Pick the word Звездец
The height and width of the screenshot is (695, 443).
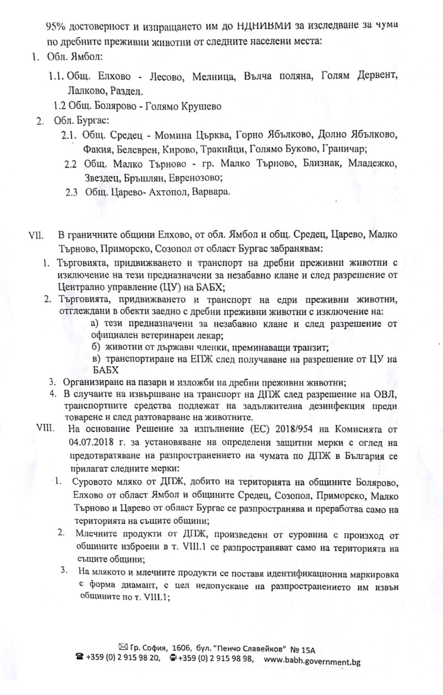click(x=101, y=178)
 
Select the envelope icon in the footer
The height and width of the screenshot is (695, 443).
click(x=123, y=647)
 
